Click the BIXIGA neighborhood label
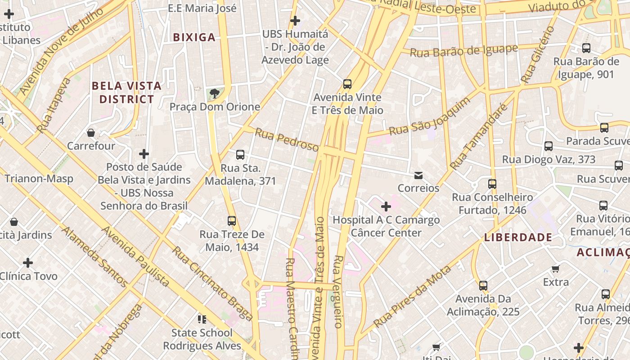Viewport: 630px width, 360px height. coord(194,37)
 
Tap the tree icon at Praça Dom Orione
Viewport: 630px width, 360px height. coord(215,93)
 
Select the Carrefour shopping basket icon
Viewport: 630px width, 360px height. coord(91,133)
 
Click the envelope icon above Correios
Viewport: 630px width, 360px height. coord(418,175)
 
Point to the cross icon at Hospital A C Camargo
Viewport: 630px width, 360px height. coord(386,207)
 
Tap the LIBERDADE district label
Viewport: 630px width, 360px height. coord(518,237)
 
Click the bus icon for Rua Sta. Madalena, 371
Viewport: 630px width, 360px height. coord(240,155)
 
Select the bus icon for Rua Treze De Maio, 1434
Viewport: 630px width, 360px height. coord(232,221)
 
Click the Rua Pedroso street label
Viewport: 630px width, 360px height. coord(287,140)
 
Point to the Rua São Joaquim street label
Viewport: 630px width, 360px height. coord(429,117)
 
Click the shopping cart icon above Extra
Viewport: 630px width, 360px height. coord(556,269)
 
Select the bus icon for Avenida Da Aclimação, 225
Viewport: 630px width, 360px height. coord(483,285)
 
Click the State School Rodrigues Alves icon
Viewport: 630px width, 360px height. coord(202,319)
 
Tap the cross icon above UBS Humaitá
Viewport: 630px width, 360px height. coord(295,20)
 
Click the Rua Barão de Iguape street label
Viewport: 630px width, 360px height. coord(464,51)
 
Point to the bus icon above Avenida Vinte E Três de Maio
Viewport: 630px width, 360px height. coord(347,84)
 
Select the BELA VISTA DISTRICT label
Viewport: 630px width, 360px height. coord(126,92)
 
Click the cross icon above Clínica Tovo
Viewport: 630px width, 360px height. coord(28,262)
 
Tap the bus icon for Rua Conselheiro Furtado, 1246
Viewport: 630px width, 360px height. coord(492,184)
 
